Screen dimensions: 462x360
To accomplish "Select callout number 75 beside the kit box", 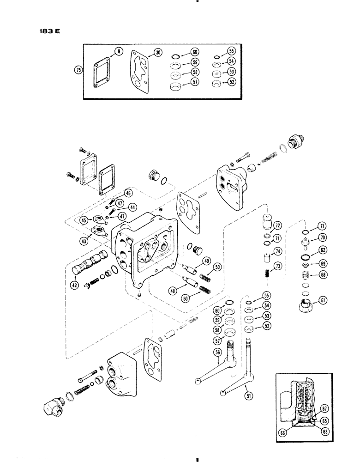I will click(78, 70).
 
